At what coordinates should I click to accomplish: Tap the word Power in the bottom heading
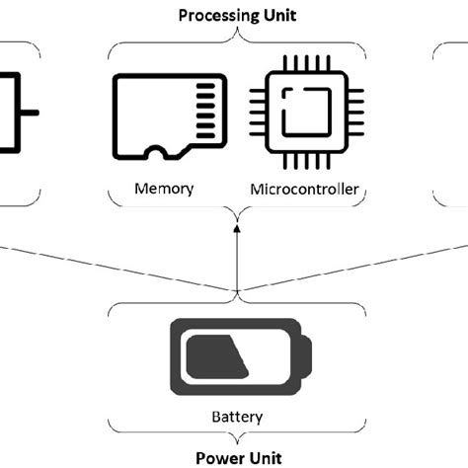214,457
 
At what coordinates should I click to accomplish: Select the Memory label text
164,189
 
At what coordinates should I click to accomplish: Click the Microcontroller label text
303,189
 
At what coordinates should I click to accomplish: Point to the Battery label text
237,417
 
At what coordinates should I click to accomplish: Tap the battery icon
237,356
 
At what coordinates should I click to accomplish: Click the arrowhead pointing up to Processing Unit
236,229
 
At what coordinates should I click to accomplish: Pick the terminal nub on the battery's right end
306,356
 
